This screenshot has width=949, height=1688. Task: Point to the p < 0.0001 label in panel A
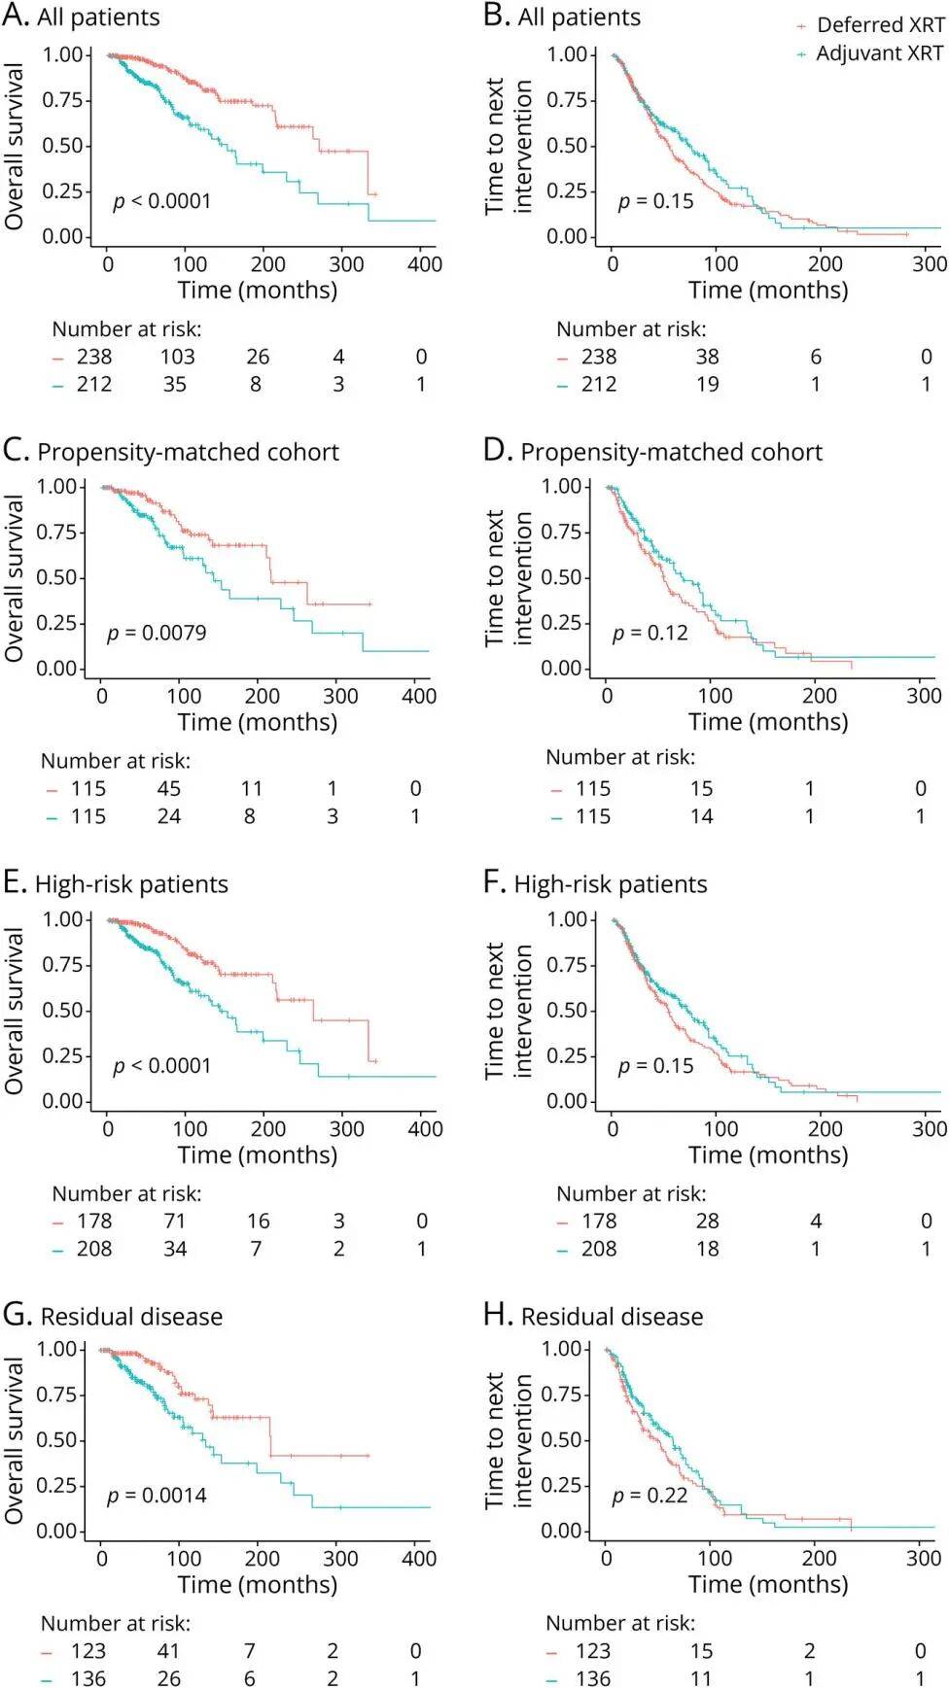[x=162, y=201]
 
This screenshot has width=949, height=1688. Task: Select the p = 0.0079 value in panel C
[x=157, y=633]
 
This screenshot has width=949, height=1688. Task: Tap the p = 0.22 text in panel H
[x=650, y=1495]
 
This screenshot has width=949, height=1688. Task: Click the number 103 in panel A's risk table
[x=177, y=357]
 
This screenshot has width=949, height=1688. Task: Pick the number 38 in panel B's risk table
[x=707, y=357]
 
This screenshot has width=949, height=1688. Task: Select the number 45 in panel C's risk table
[x=169, y=788]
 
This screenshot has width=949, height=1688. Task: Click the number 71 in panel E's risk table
[x=175, y=1221]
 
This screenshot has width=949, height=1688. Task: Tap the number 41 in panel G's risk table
[x=168, y=1650]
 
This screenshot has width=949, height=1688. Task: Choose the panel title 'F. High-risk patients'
[x=595, y=883]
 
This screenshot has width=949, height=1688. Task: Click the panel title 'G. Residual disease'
[x=113, y=1316]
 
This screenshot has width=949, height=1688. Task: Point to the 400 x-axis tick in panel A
[x=425, y=263]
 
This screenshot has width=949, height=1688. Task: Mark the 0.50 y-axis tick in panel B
[x=567, y=146]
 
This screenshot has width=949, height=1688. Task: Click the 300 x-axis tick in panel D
[x=924, y=696]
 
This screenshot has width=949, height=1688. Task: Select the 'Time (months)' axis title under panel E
[x=258, y=1154]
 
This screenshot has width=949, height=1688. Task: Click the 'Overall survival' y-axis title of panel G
[x=14, y=1440]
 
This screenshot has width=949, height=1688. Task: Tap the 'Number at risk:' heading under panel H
[x=620, y=1622]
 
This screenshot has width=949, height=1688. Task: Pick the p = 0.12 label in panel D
[x=650, y=633]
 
